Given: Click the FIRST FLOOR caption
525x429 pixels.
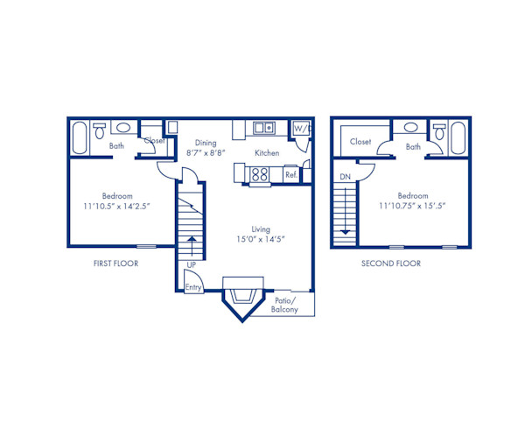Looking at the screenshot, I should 115,263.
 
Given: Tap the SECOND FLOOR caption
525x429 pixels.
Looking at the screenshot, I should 391,263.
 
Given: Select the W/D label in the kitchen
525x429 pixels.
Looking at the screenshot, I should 299,129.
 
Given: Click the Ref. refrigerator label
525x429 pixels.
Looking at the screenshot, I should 291,174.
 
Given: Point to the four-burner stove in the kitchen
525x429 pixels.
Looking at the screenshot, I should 260,173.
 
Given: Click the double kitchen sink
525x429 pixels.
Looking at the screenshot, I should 263,129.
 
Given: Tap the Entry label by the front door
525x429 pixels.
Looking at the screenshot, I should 192,287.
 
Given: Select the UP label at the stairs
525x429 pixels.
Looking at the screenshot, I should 191,264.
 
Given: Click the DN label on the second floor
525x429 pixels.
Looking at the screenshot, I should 345,178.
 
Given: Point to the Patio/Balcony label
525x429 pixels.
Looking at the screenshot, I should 284,304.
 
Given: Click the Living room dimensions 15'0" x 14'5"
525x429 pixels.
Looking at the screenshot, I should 261,238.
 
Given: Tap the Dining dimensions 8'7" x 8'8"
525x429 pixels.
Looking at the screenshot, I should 206,152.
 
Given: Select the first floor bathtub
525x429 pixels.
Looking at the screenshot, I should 79,137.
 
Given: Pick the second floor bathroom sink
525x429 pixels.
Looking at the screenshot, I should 411,128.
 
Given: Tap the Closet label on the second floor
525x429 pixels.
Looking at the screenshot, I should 360,141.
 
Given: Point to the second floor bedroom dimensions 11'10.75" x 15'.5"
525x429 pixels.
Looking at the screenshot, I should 413,207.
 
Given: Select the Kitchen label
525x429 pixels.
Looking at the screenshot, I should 267,152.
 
